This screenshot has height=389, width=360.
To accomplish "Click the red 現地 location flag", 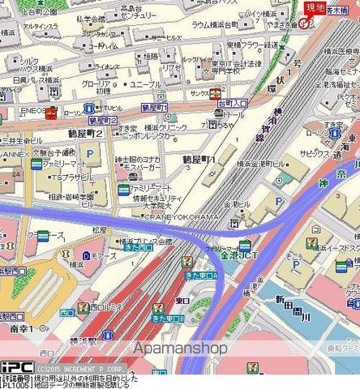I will pyautogui.click(x=315, y=8).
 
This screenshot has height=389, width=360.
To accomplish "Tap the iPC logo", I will pyautogui.click(x=15, y=365).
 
